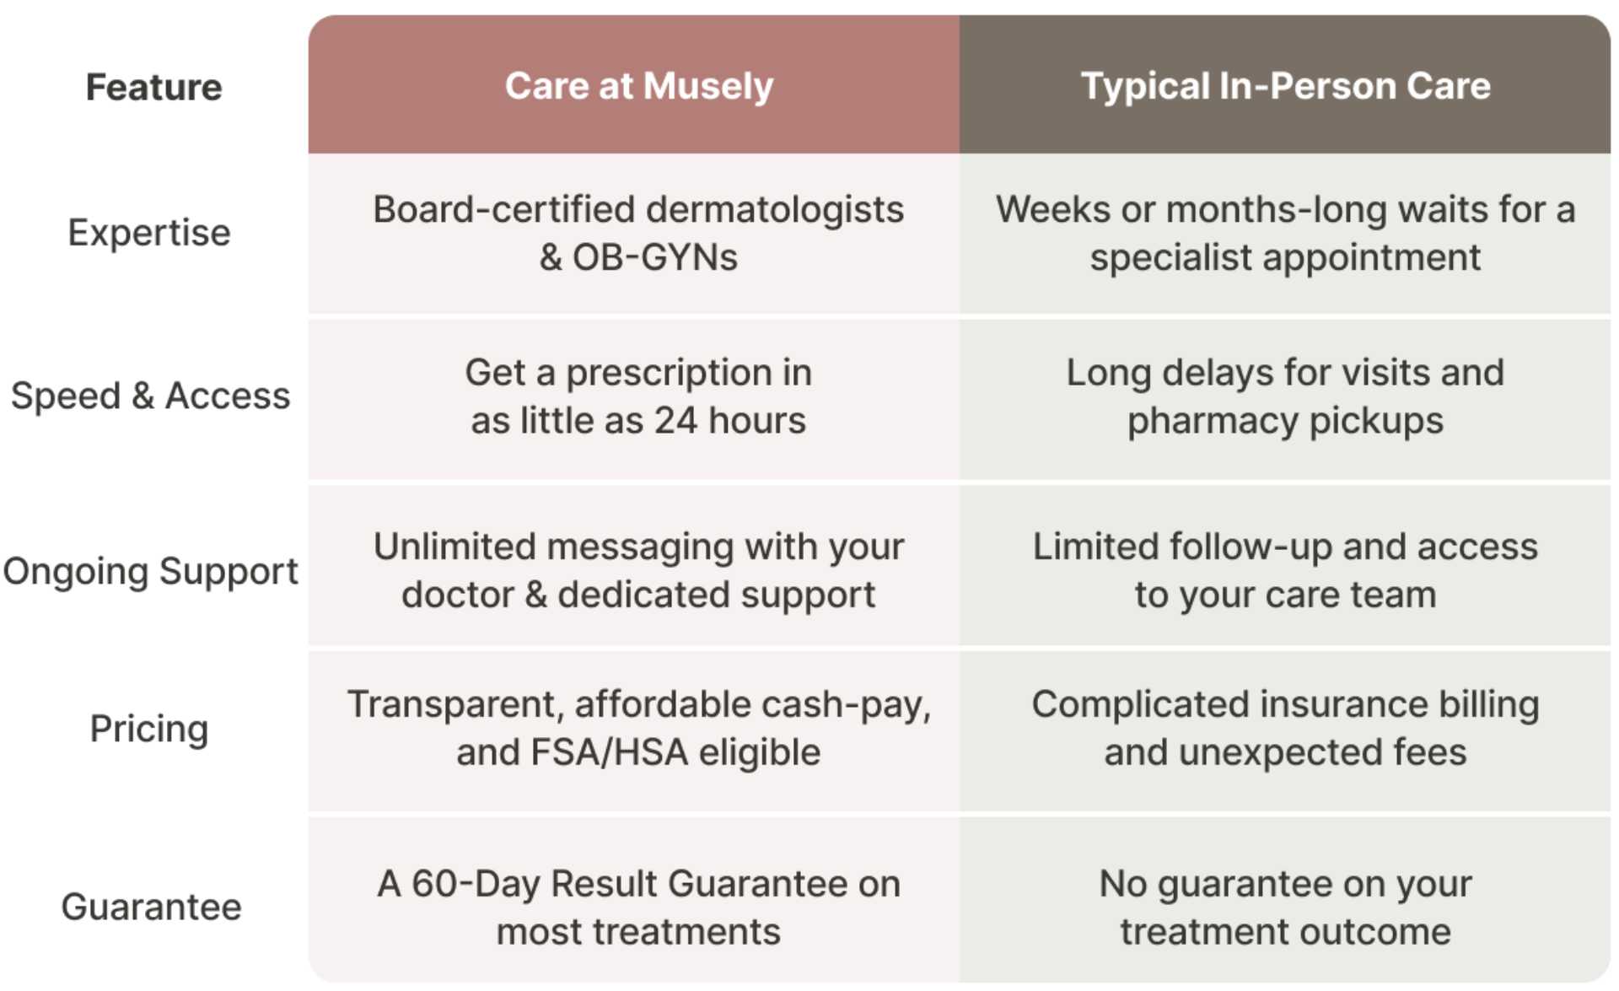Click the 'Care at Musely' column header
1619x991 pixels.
[638, 86]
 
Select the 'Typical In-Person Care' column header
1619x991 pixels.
[1285, 86]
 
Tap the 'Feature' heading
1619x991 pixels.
[153, 88]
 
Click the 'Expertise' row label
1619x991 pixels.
[149, 233]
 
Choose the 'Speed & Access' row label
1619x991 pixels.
[150, 396]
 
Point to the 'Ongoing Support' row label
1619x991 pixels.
[150, 571]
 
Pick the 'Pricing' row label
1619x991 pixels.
[149, 729]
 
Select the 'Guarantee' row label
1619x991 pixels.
[151, 907]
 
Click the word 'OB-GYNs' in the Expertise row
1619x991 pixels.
[655, 257]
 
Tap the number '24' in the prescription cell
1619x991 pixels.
[676, 420]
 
